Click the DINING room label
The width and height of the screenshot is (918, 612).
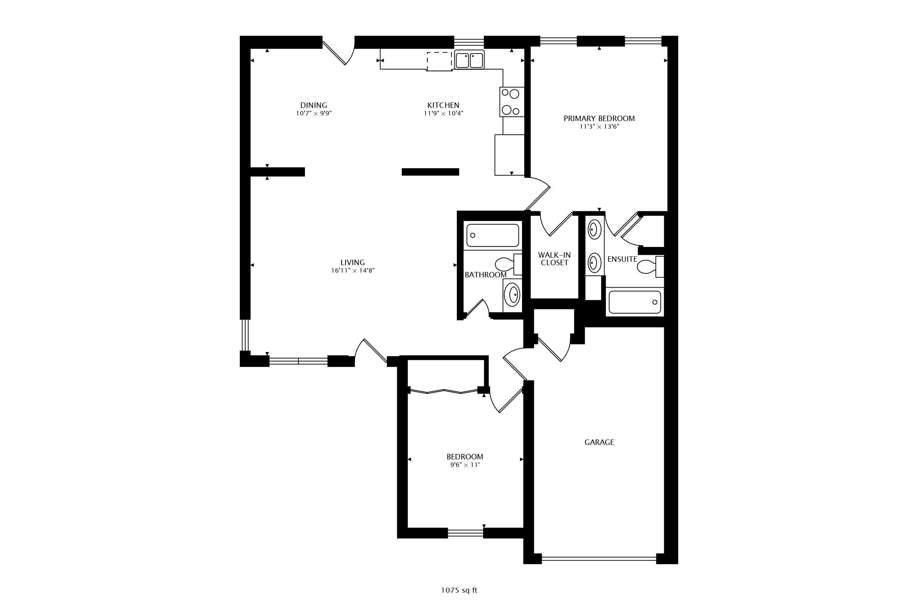(314, 105)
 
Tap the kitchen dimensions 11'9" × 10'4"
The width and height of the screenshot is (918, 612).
(444, 113)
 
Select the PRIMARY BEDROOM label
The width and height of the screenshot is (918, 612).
(599, 118)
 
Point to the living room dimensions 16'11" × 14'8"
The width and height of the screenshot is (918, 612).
(352, 270)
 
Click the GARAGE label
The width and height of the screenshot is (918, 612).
(599, 442)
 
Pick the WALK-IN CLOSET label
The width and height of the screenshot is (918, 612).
(554, 259)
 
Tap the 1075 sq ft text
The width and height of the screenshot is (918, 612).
(459, 590)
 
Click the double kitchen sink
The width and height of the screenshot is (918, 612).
(469, 60)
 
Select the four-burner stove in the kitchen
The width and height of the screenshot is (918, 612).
(511, 102)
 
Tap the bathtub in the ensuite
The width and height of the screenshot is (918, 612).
(635, 302)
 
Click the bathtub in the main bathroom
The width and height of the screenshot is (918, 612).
(492, 235)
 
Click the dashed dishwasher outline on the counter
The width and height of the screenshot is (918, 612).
(440, 62)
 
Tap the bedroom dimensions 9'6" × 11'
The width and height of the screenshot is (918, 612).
(464, 465)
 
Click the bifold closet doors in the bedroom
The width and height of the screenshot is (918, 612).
(444, 391)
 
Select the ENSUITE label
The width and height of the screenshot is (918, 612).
(622, 259)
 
